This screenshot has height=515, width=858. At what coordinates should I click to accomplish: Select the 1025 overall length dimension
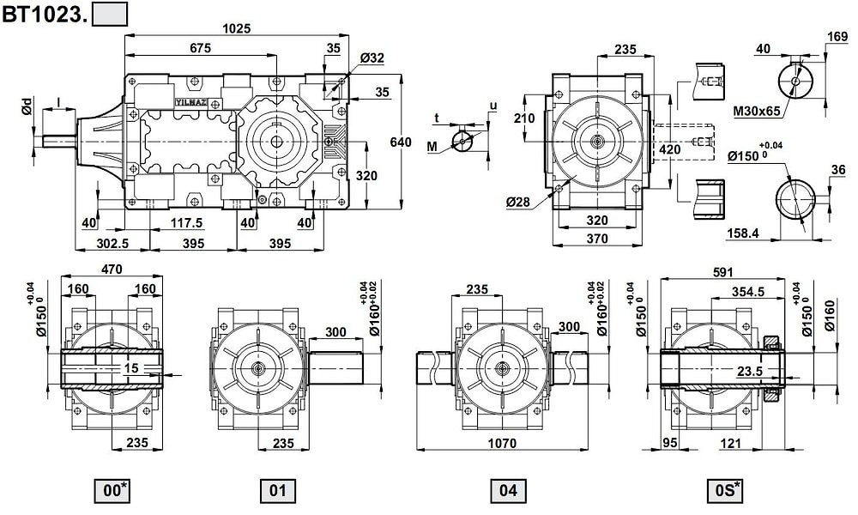click(237, 27)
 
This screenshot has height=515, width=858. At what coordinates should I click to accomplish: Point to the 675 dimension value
click(199, 49)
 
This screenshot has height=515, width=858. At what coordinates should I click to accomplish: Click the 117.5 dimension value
click(186, 223)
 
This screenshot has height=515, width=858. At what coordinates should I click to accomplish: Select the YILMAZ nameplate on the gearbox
click(190, 101)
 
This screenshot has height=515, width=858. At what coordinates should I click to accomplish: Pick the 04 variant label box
click(508, 491)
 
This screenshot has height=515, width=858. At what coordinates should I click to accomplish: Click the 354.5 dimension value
click(748, 292)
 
